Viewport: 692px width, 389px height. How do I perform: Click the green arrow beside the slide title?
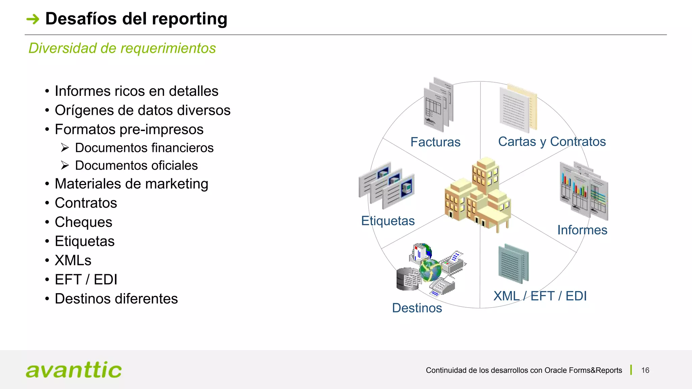[33, 19]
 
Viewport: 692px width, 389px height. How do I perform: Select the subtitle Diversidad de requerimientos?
[122, 48]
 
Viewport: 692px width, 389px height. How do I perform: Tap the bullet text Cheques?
[83, 222]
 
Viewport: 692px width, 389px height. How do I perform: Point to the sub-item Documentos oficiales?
[136, 165]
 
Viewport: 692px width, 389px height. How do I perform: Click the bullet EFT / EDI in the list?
[86, 280]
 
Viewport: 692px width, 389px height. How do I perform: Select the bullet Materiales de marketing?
[131, 184]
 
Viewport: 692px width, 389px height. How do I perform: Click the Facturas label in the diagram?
[435, 142]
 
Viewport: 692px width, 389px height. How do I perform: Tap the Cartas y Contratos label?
[552, 141]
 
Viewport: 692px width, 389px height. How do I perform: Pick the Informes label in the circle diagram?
[582, 230]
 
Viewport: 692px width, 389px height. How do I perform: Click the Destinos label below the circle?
[417, 308]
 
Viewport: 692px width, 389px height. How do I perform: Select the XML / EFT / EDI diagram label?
[540, 296]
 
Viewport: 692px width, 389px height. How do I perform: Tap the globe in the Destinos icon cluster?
[430, 270]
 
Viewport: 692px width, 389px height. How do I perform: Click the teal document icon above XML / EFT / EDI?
[513, 264]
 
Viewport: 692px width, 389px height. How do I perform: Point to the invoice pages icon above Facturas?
[439, 105]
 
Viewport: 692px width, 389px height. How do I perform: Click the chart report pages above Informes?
[584, 191]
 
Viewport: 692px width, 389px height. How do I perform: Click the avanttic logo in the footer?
[74, 370]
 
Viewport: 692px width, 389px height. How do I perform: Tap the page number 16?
[645, 370]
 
